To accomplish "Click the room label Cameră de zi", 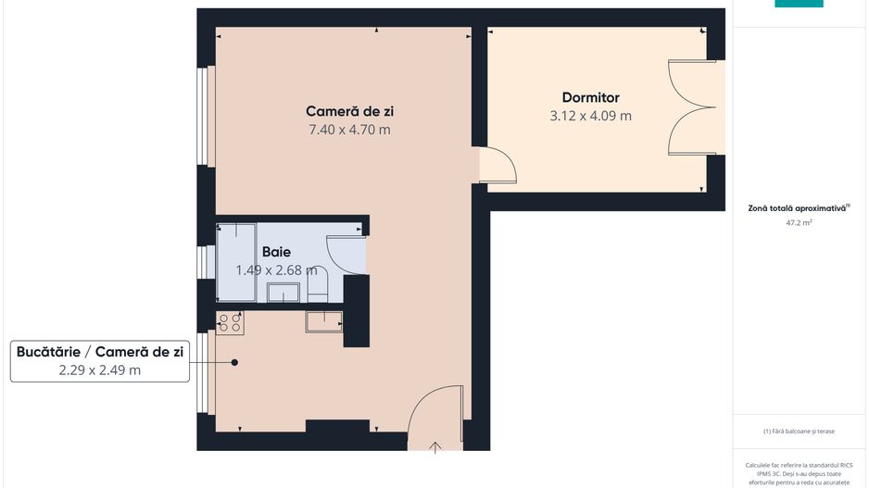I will click(349, 111).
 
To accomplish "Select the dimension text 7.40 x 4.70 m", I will click(349, 130).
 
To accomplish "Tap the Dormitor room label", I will click(590, 97).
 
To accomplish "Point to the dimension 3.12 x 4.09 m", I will click(590, 116).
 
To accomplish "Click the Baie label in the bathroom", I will click(276, 252).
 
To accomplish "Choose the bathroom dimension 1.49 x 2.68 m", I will click(276, 270).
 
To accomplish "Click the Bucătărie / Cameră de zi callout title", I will click(101, 351).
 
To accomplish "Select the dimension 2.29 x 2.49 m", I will click(101, 370).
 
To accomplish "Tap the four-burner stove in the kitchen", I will click(230, 322).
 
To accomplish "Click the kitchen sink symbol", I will click(323, 321).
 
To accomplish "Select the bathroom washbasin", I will click(283, 293).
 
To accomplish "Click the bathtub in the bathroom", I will click(236, 262).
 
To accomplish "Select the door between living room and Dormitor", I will click(498, 165).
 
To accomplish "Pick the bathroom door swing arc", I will click(345, 255).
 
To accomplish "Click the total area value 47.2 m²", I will click(799, 223).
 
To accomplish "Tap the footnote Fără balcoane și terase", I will click(799, 431).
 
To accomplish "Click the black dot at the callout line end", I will click(235, 362).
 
